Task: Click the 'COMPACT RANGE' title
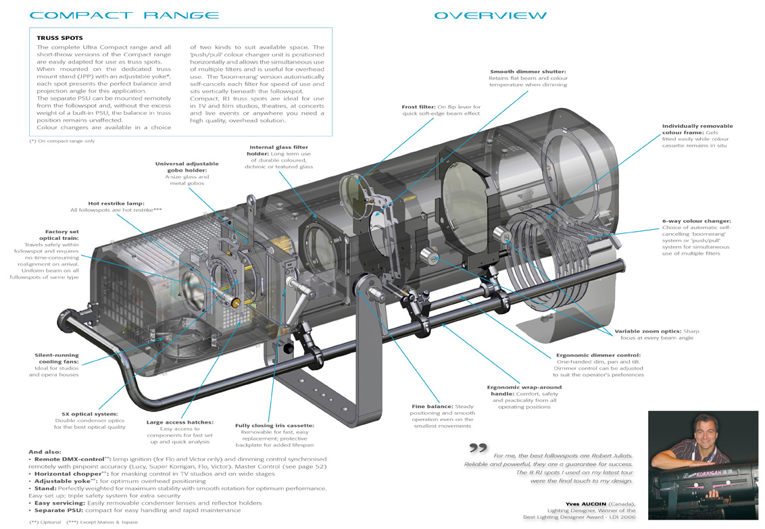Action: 124,15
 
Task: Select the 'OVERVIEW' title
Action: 491,16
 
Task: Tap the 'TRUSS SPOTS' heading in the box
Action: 59,38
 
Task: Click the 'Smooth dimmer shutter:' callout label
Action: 528,71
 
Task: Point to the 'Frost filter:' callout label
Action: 418,107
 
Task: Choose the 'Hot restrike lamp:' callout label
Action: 116,203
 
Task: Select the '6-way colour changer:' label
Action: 696,221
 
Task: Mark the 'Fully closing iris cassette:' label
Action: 274,425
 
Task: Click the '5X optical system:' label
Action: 89,414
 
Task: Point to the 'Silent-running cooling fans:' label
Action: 57,358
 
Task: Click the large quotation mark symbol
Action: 478,447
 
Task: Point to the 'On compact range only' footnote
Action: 62,141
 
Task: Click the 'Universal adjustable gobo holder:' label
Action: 187,167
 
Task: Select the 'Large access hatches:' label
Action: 180,422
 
